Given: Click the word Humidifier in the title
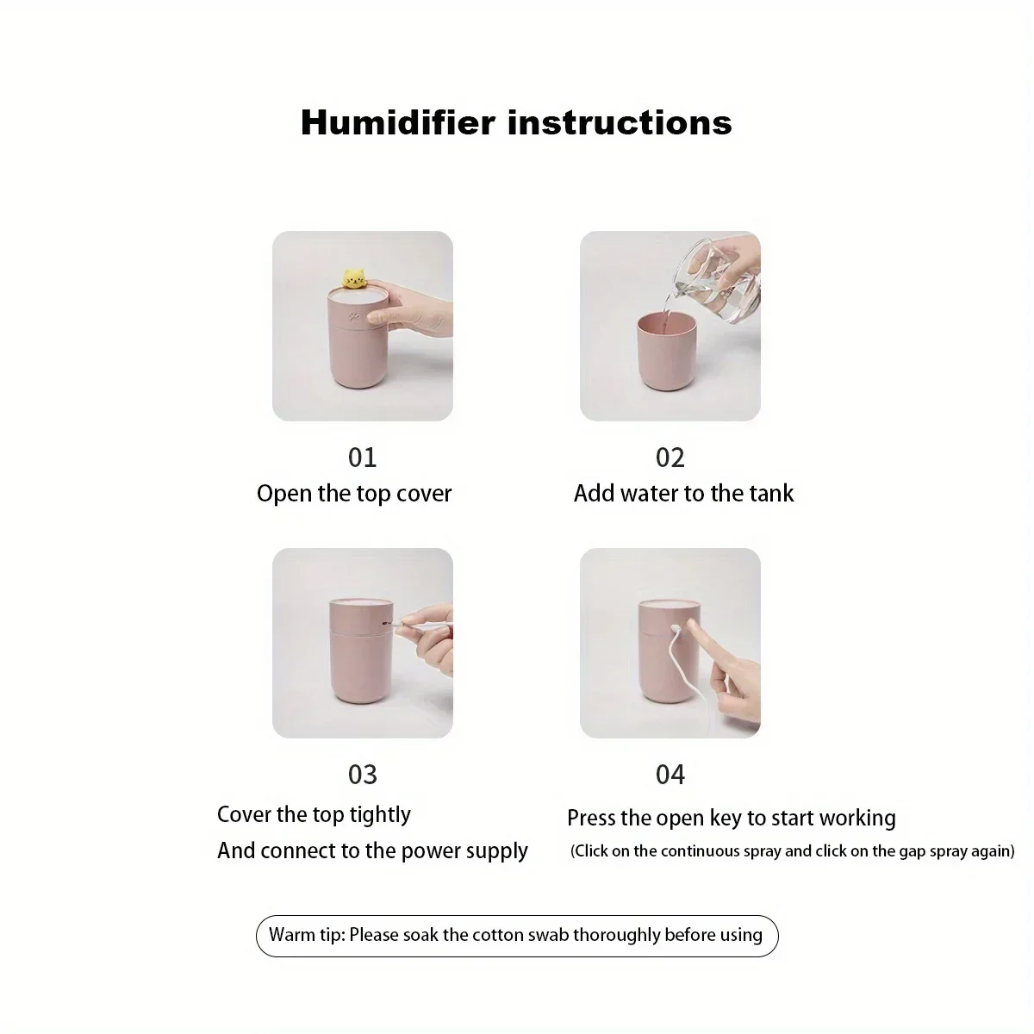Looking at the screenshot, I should [x=397, y=122].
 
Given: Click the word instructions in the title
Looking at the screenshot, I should [x=620, y=122].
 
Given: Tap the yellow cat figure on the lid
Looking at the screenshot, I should [x=353, y=278].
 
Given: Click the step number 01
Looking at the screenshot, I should [x=362, y=458].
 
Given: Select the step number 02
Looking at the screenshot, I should [x=670, y=458].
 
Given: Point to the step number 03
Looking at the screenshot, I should [x=362, y=775].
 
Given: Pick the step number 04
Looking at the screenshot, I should [x=670, y=775].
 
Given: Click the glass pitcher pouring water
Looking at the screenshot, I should [x=715, y=284].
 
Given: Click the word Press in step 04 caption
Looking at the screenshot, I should [x=590, y=819].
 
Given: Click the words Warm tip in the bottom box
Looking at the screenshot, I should [x=305, y=935].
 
